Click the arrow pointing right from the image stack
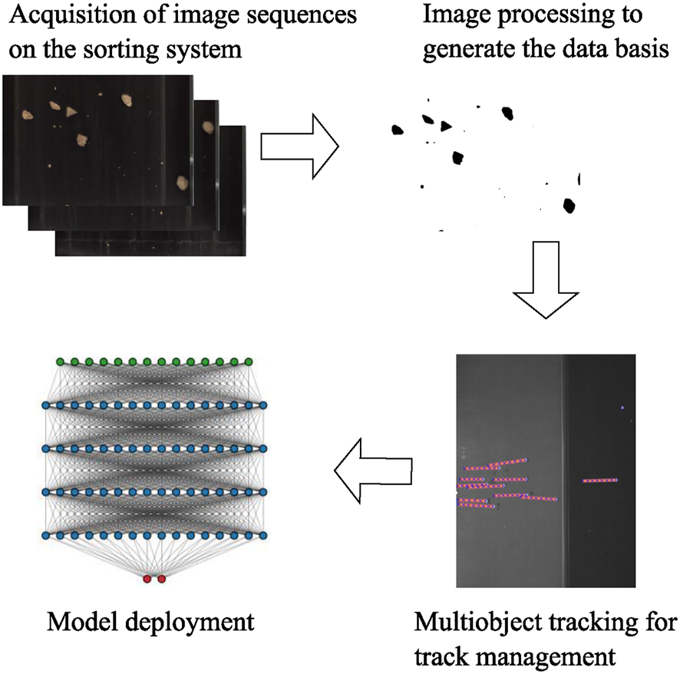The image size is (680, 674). coord(300,145)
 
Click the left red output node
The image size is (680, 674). coord(147,579)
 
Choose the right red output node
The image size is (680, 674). coord(161,579)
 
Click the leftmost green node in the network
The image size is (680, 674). coord(60,361)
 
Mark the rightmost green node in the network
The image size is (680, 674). coord(249,361)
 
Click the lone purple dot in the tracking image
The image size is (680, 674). coord(622,408)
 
